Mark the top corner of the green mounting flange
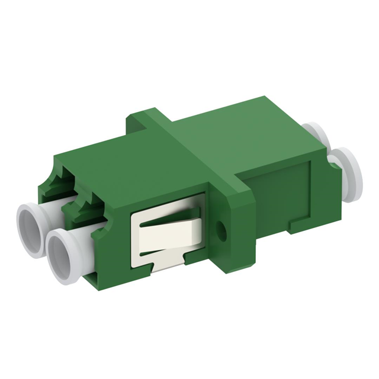tap(135, 114)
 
